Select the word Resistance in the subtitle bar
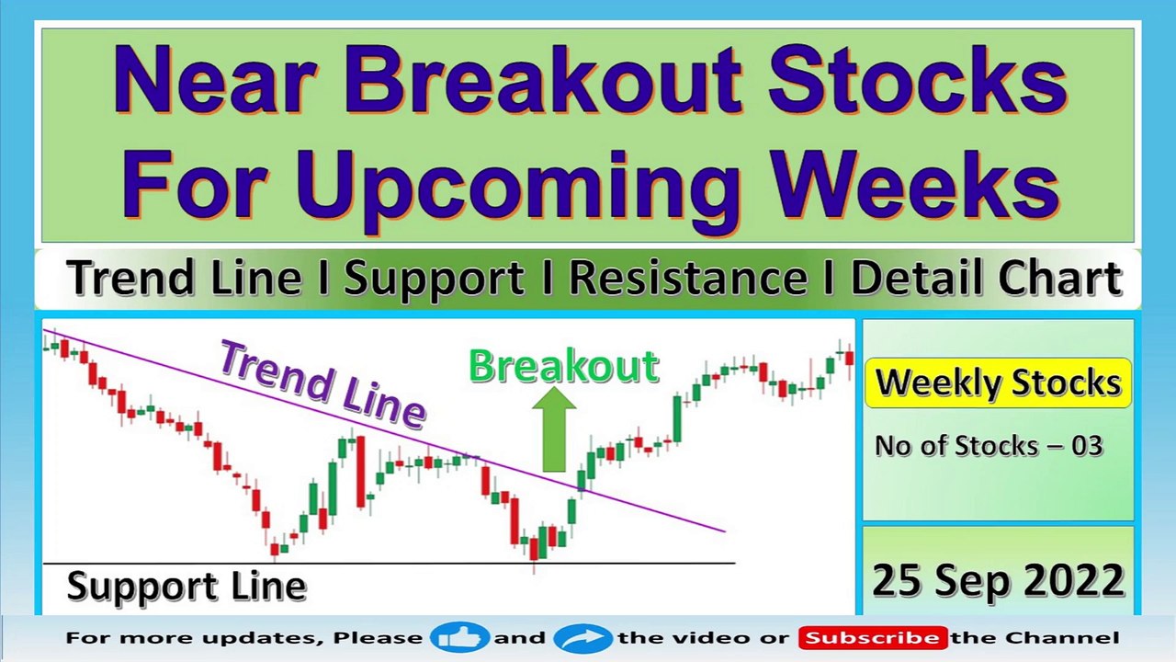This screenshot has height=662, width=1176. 688,278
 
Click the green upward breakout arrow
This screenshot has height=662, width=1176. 554,429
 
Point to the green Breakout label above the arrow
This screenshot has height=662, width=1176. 564,366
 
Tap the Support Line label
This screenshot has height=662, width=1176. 187,587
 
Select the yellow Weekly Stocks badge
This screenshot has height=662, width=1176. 998,383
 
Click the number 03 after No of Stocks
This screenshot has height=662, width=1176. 1087,446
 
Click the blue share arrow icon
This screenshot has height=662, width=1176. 582,638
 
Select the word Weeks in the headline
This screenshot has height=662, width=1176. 917,184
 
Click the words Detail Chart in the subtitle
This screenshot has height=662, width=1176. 987,278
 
